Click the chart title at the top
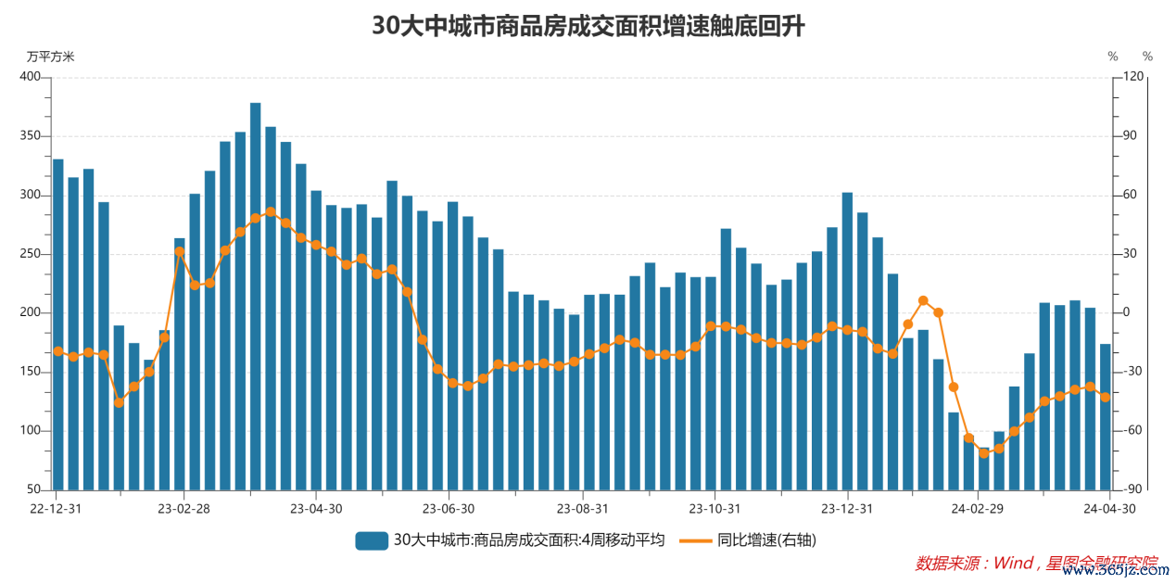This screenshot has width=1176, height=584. pos(588,26)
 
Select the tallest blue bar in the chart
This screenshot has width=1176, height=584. pos(256,297)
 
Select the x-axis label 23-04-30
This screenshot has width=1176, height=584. pos(317,508)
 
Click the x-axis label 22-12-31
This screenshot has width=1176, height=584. pos(55,508)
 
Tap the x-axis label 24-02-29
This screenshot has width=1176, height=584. pos(979,508)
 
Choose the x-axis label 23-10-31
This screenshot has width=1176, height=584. pos(714,508)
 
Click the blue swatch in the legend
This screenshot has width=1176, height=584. pos(371,540)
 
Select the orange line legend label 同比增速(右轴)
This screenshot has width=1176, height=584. pos(766,540)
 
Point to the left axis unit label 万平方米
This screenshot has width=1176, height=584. pos(50,57)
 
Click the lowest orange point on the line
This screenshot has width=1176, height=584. pos(984,453)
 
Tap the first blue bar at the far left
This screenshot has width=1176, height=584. pos(58,324)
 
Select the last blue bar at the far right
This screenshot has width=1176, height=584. pos(1105,417)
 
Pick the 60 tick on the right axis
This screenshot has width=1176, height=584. pos(1132,195)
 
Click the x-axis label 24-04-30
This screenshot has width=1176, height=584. pos(1110,508)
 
